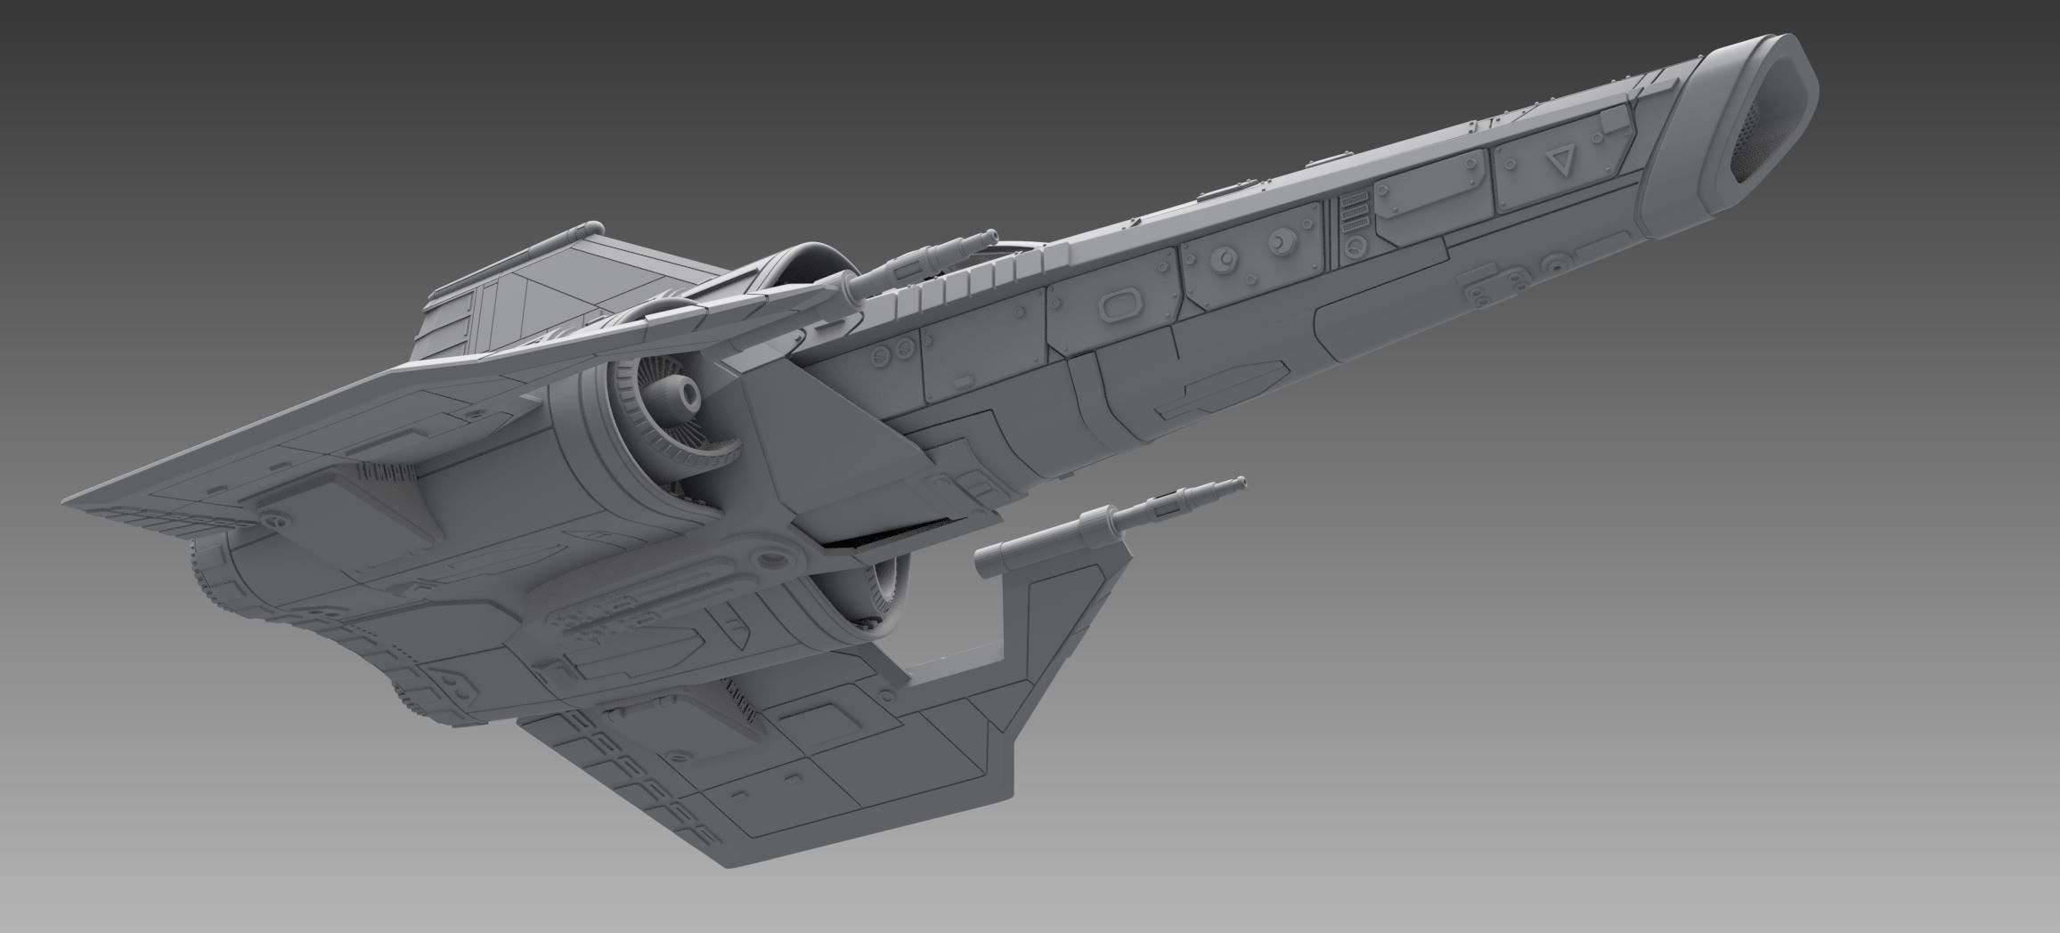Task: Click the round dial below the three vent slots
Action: tap(1355, 247)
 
